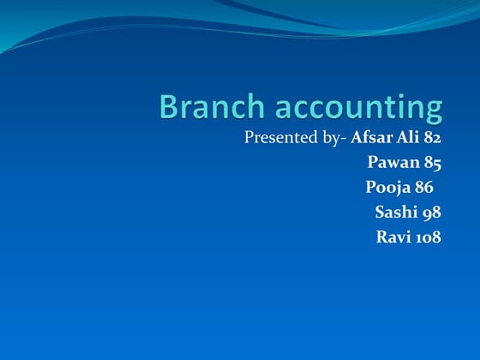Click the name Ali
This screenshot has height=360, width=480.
[x=408, y=137]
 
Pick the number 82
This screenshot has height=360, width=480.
[x=433, y=137]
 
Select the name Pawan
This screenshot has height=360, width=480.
[x=391, y=162]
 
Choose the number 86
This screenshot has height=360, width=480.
[x=423, y=187]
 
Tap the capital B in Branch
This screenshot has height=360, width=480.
[x=170, y=107]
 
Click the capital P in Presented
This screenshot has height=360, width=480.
[x=249, y=137]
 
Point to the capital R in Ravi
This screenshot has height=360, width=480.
[x=381, y=237]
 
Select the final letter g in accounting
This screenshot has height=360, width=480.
[x=435, y=111]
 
